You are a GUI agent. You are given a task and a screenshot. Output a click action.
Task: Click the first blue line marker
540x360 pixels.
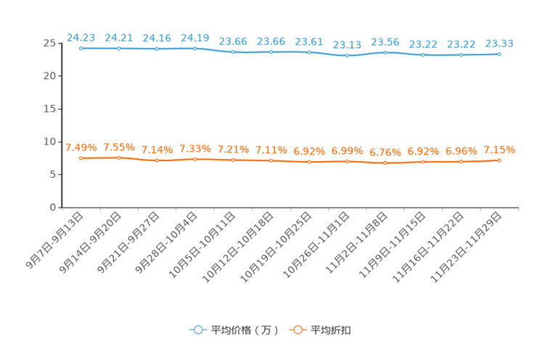[x=81, y=48]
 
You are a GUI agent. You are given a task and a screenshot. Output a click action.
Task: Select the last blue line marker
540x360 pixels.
[x=499, y=54]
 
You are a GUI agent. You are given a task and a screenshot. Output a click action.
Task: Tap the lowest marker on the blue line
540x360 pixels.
[x=348, y=56]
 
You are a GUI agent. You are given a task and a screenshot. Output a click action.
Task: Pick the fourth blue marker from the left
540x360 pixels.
[x=195, y=48]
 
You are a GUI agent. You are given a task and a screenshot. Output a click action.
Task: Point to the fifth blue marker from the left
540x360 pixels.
[x=233, y=52]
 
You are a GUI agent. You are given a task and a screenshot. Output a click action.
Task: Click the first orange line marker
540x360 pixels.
[x=81, y=157]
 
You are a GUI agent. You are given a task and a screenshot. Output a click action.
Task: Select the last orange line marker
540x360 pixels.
[x=499, y=160]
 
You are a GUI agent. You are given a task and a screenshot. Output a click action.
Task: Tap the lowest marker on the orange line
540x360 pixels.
[x=385, y=163]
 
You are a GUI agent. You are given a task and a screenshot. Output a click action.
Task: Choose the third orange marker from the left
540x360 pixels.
[x=157, y=160]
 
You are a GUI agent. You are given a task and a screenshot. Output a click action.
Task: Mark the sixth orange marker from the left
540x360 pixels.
[x=271, y=160]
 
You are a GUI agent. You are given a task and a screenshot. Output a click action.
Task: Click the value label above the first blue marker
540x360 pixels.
[x=81, y=37]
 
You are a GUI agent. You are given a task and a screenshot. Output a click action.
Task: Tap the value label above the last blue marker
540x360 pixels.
[x=499, y=44]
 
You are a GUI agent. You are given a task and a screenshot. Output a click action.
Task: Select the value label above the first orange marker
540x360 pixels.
[x=81, y=147]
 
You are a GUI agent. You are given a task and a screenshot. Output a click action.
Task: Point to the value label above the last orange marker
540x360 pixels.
[x=499, y=150]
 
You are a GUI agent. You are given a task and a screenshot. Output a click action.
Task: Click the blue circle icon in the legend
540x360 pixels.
[x=197, y=330]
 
